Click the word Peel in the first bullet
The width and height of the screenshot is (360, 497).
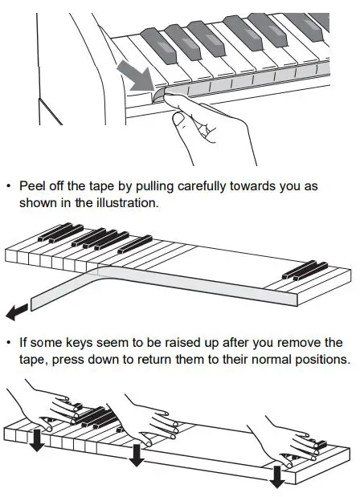click(x=33, y=185)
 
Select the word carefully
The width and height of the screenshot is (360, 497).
click(x=204, y=185)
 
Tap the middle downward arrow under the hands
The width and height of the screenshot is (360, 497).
click(x=137, y=454)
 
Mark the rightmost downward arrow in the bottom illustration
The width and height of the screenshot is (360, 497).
click(x=277, y=475)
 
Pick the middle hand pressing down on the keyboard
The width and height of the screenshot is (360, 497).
click(x=149, y=413)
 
